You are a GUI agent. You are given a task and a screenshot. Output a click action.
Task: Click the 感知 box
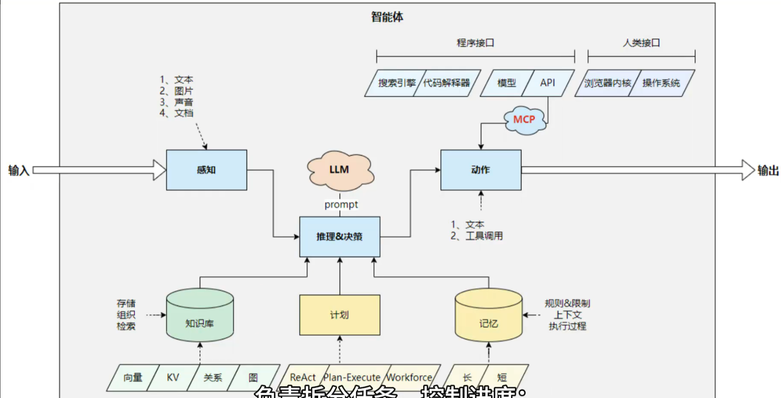coord(207,170)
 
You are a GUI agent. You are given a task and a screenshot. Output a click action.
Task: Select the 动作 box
coord(481,170)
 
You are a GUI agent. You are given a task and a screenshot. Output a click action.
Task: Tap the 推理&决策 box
coord(340,237)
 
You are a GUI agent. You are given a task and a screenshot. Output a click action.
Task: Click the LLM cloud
coord(340,170)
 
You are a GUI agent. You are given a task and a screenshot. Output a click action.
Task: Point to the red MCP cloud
coord(524,120)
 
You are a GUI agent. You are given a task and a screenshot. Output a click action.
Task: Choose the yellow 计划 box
coord(340,315)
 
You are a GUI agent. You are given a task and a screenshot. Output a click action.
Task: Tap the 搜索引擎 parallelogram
coord(396,83)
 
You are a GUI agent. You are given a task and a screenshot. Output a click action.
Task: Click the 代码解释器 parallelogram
coord(447,83)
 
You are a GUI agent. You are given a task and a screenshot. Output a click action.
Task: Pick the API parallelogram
coord(548,83)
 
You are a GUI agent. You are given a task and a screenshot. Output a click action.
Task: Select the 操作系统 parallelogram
coord(661,83)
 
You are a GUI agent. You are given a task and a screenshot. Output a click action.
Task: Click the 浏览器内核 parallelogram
coord(607,83)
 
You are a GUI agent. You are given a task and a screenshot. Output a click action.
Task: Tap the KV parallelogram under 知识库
coord(173,378)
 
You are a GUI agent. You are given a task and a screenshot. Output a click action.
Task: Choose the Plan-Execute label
coord(352,377)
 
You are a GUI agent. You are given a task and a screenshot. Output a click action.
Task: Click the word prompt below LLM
coord(341,205)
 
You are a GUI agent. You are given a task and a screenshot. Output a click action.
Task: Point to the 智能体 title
coord(387,17)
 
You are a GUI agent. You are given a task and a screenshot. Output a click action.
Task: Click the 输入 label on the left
coord(18,170)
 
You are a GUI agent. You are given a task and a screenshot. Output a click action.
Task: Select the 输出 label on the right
coord(768,170)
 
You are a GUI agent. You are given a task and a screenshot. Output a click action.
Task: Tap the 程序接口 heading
coord(475,43)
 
